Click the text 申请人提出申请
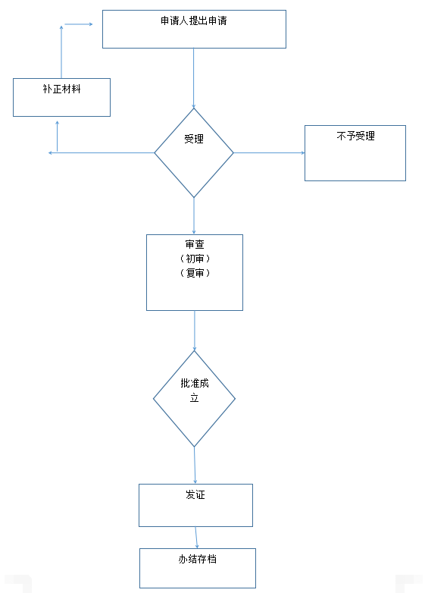[x=194, y=20]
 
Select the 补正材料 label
[x=61, y=89]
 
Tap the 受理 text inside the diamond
[x=194, y=139]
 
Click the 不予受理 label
[x=355, y=136]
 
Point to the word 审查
[x=195, y=244]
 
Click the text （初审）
[x=195, y=259]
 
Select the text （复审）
[x=195, y=273]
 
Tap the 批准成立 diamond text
[x=195, y=391]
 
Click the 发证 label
[x=195, y=494]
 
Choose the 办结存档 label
[x=198, y=559]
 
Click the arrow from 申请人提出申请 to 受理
[x=194, y=78]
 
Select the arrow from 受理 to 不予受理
[x=269, y=153]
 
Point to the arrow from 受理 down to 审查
[x=194, y=216]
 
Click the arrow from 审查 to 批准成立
[x=195, y=331]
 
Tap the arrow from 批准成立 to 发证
[x=195, y=466]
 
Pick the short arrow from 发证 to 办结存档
[x=196, y=538]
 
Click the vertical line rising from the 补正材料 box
[x=61, y=52]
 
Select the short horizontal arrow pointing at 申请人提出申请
[x=79, y=24]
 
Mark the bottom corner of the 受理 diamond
[x=194, y=198]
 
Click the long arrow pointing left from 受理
[x=102, y=153]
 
